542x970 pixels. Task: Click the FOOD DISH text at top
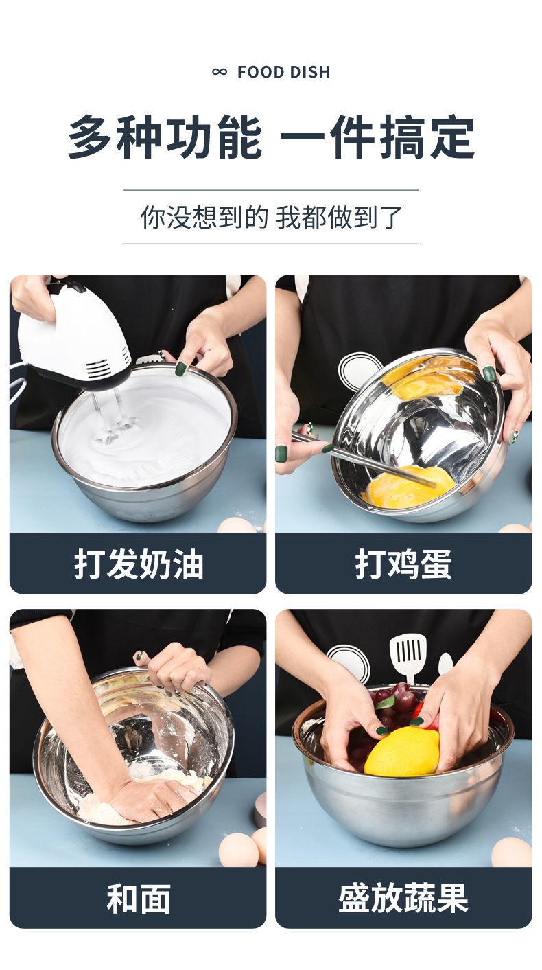pos(283,72)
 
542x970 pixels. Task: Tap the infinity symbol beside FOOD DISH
pos(220,72)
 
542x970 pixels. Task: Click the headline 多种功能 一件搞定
pos(271,137)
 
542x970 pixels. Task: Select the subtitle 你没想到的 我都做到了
pos(271,217)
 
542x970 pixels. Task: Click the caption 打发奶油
pos(139,564)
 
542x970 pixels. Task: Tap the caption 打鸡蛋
pos(403,564)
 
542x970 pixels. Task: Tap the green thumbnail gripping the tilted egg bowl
pos(489,373)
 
